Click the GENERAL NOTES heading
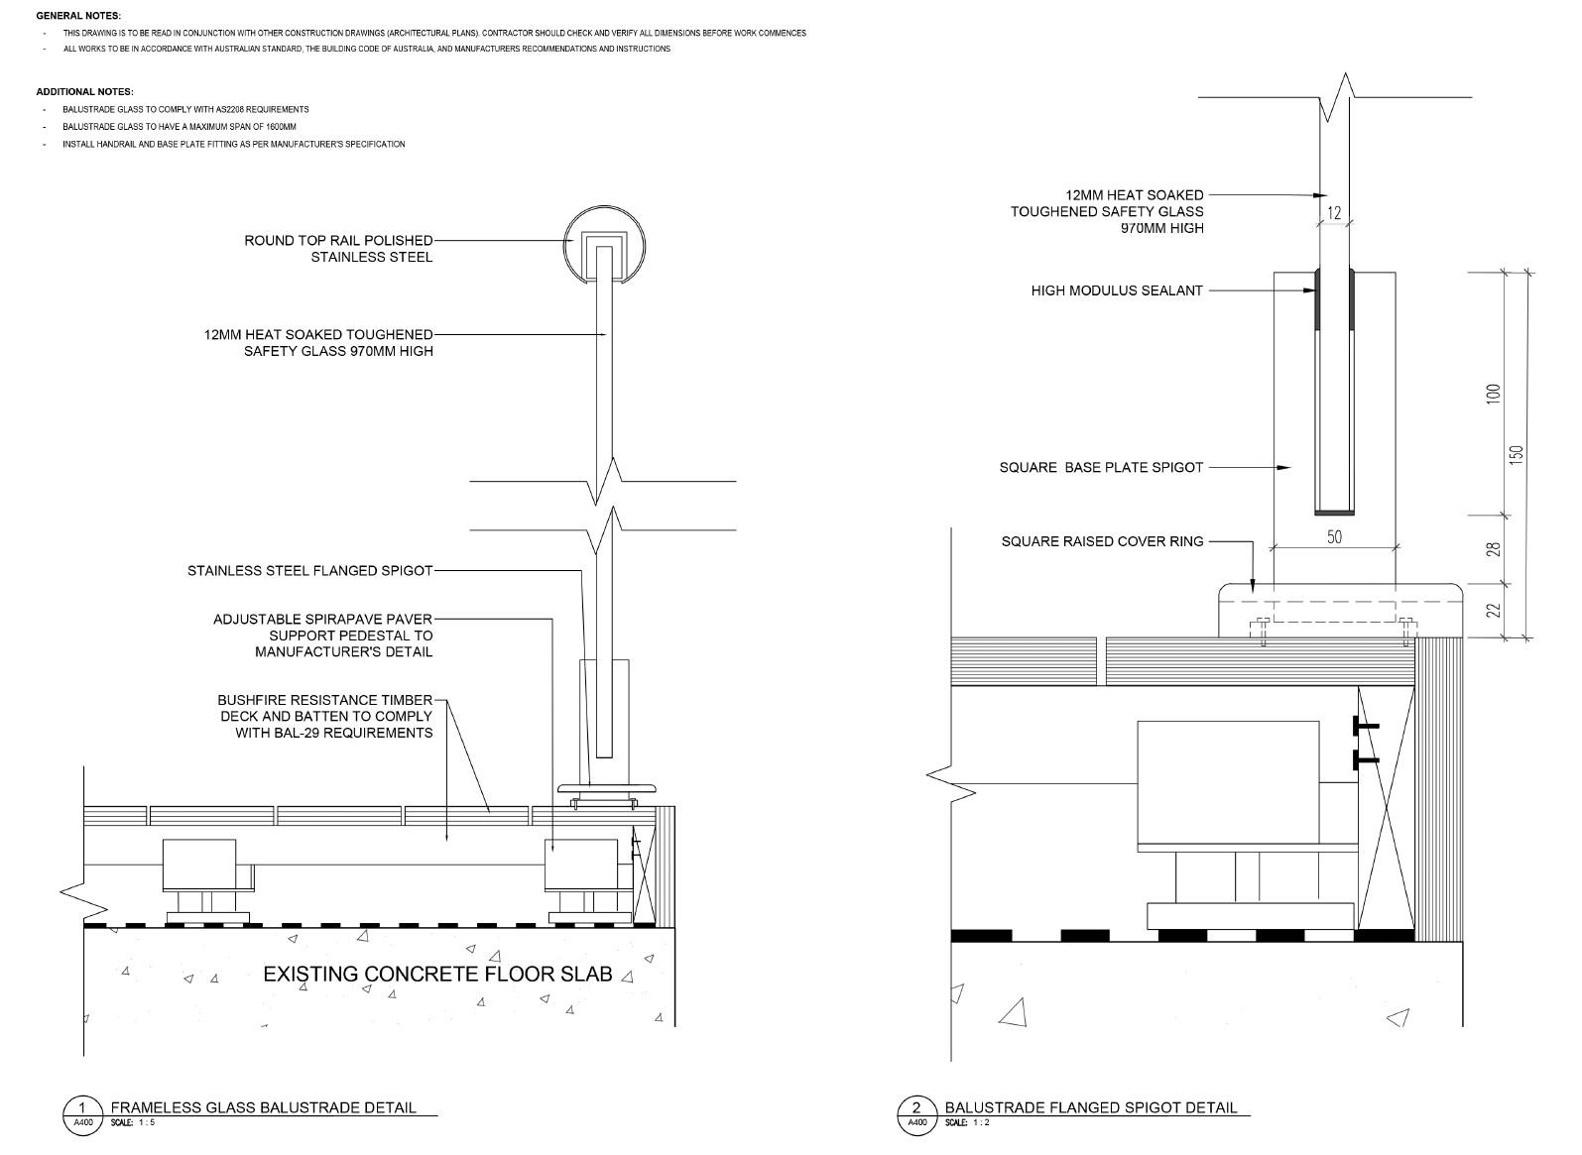(78, 16)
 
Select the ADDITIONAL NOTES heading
(84, 92)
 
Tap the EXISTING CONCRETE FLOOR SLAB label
(437, 974)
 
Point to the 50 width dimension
(1334, 536)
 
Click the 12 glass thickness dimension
(1334, 212)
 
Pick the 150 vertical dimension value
(1516, 453)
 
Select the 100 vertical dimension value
(1494, 393)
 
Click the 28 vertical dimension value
(1494, 548)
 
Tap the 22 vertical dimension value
(1494, 611)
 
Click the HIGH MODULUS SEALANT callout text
(1117, 290)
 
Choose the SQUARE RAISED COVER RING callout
(1102, 541)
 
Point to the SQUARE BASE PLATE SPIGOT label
(1101, 467)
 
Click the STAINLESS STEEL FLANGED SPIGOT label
(309, 571)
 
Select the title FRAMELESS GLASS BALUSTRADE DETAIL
(263, 1107)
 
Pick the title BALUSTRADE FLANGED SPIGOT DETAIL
(1090, 1107)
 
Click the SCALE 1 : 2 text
(967, 1123)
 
